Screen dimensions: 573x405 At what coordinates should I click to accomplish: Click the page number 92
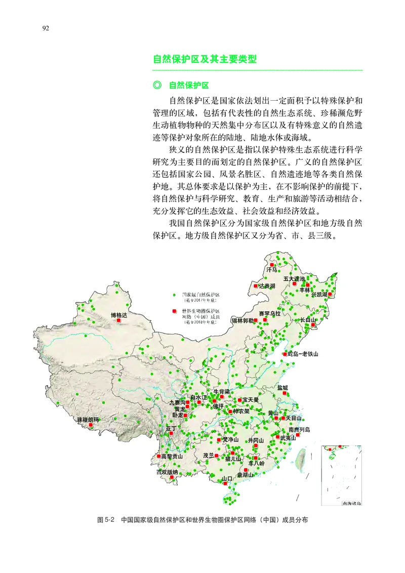[46, 28]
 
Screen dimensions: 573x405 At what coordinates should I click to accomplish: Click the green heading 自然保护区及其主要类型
[205, 59]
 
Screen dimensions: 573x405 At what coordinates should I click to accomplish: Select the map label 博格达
[119, 315]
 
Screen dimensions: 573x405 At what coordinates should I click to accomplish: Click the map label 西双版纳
[167, 472]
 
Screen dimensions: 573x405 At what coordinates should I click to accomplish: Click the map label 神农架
[241, 412]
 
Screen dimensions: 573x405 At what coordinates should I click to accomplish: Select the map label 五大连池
[294, 279]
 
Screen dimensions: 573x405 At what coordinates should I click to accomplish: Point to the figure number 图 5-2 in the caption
[107, 520]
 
